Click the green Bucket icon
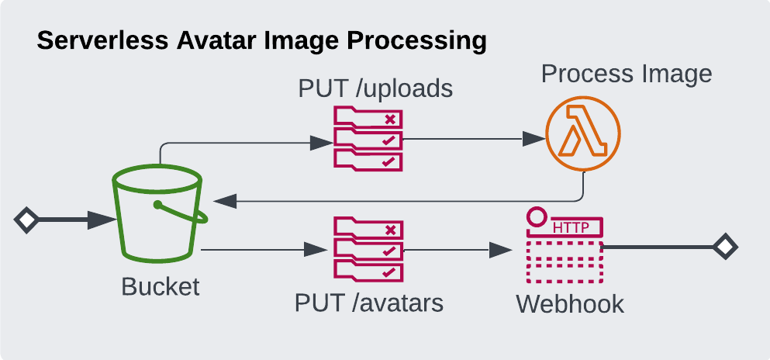click(x=159, y=215)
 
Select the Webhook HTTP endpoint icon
click(x=564, y=247)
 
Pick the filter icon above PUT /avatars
click(x=368, y=249)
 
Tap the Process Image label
click(x=626, y=74)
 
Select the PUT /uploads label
click(x=375, y=88)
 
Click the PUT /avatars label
click(x=369, y=302)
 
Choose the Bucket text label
click(x=161, y=286)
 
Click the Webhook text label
click(x=570, y=303)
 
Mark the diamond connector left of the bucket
click(x=26, y=220)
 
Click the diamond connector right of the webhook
click(x=725, y=247)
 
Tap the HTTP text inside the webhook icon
click(x=570, y=227)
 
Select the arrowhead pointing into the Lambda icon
click(x=533, y=139)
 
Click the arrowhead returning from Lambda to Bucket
click(x=225, y=201)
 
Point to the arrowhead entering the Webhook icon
click(x=502, y=251)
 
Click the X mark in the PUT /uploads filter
click(x=391, y=119)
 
